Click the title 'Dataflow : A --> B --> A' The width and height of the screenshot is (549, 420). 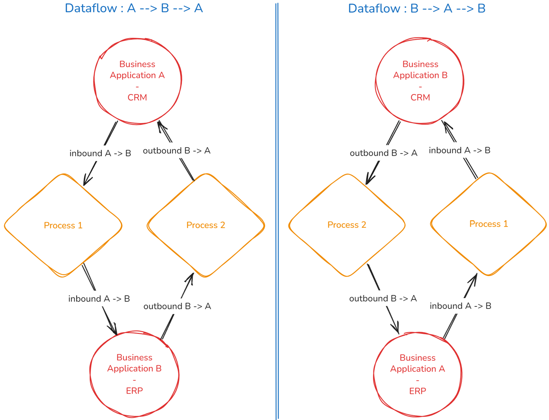[x=134, y=8]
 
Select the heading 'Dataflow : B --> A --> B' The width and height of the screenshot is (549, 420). [x=417, y=8]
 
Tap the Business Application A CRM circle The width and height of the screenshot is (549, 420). [x=137, y=80]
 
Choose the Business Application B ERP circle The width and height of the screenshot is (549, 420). [x=134, y=374]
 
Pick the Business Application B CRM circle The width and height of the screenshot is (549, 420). [x=420, y=80]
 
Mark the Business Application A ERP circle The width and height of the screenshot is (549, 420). [x=417, y=374]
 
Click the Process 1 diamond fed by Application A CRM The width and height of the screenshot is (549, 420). [x=63, y=225]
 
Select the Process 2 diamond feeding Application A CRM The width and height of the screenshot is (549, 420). [x=206, y=225]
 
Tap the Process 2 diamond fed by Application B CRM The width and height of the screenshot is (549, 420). [x=346, y=225]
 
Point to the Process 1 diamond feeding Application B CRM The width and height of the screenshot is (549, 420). [x=488, y=224]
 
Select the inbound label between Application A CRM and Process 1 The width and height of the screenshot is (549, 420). [x=100, y=153]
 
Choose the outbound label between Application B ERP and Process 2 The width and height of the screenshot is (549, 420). [x=177, y=306]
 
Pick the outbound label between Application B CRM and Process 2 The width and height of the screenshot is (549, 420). [x=383, y=153]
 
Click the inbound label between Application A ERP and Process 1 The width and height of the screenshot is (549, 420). [x=460, y=306]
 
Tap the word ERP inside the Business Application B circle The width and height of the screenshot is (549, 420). [x=134, y=391]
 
